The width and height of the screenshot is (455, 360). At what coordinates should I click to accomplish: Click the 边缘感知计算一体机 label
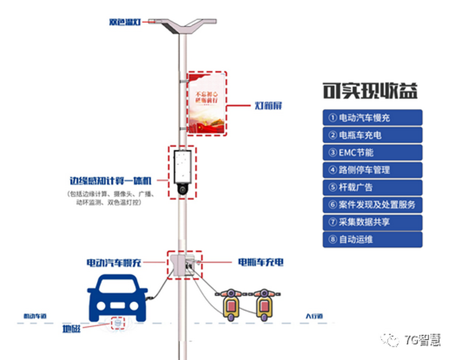pyautogui.click(x=112, y=181)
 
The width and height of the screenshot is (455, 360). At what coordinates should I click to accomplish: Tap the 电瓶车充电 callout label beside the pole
pyautogui.click(x=260, y=263)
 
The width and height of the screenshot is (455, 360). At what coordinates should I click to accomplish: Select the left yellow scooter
pyautogui.click(x=231, y=304)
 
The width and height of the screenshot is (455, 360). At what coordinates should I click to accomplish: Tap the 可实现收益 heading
pyautogui.click(x=370, y=91)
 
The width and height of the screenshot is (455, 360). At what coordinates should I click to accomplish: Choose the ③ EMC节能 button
pyautogui.click(x=372, y=152)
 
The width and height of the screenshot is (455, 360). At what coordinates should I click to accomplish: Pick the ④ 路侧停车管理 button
pyautogui.click(x=372, y=170)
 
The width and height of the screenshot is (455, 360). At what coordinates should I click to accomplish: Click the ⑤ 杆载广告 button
pyautogui.click(x=372, y=187)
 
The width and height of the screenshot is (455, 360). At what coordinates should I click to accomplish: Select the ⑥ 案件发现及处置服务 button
pyautogui.click(x=372, y=205)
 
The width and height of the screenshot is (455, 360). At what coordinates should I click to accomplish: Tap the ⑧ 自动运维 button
pyautogui.click(x=372, y=239)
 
